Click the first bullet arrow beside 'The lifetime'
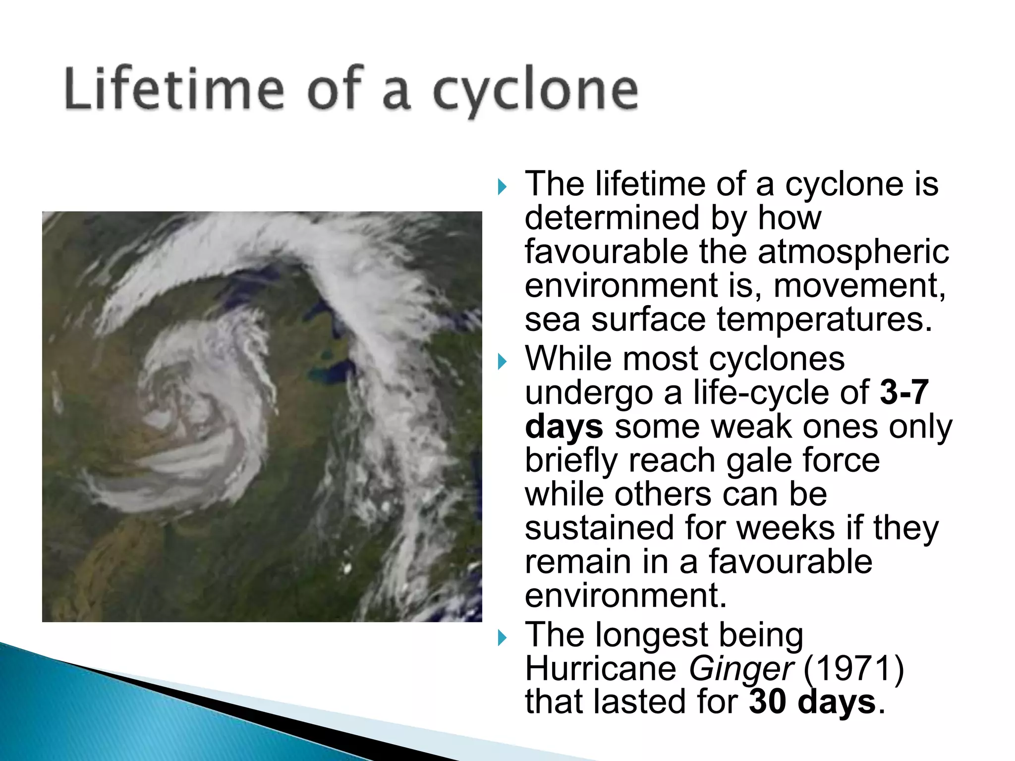point(502,187)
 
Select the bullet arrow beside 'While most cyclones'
point(502,362)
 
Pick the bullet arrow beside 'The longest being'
point(502,638)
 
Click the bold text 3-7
point(903,392)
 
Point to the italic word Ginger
point(741,669)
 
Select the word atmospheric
point(853,252)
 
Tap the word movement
point(859,286)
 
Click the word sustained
point(599,528)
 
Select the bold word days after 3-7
point(564,427)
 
